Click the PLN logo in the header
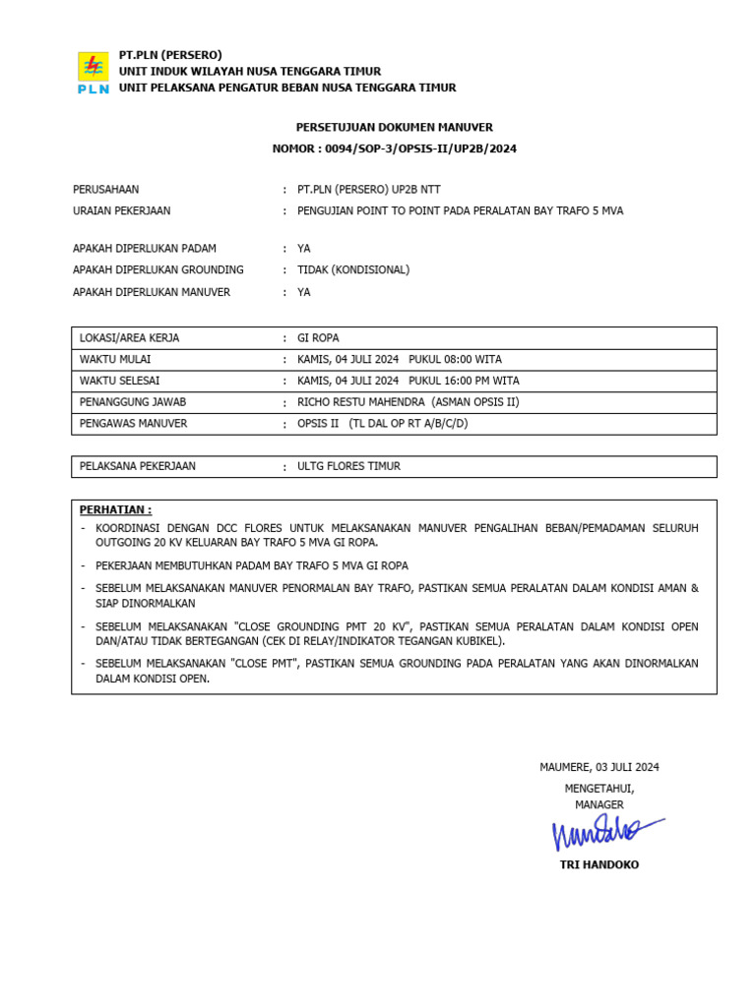coord(94,72)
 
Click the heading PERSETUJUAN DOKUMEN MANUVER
coord(394,128)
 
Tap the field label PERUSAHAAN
coord(105,190)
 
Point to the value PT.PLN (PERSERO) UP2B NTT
coord(368,190)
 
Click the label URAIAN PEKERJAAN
coord(121,211)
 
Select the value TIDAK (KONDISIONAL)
coord(353,270)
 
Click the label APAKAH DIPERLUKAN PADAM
coord(145,249)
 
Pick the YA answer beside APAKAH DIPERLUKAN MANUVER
coord(303,292)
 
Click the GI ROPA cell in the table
coord(317,338)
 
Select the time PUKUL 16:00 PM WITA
coord(464,382)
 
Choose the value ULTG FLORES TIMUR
coord(348,467)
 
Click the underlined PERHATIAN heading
coord(115,510)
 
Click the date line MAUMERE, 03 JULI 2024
coord(598,768)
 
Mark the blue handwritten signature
coord(602,832)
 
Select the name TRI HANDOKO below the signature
coord(598,865)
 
